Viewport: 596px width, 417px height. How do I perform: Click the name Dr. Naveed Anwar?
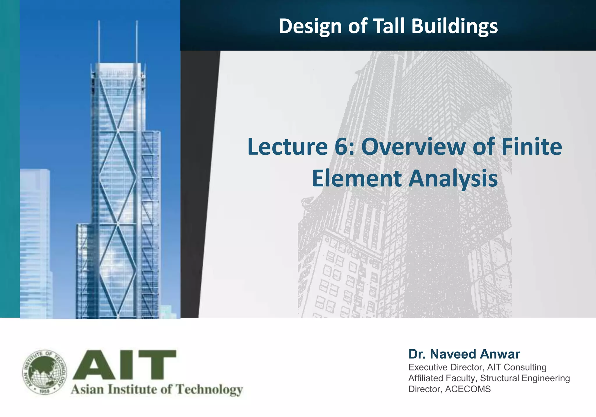point(464,354)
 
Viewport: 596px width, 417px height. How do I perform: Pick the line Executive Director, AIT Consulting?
point(477,367)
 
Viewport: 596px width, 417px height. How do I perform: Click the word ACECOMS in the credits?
point(468,389)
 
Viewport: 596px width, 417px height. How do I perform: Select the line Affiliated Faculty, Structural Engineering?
point(489,378)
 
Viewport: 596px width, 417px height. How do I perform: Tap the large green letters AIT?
point(125,365)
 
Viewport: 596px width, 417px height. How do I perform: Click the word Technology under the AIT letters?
point(210,389)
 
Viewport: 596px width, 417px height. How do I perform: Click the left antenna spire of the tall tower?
point(99,41)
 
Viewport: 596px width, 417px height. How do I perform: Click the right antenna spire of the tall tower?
point(137,41)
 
